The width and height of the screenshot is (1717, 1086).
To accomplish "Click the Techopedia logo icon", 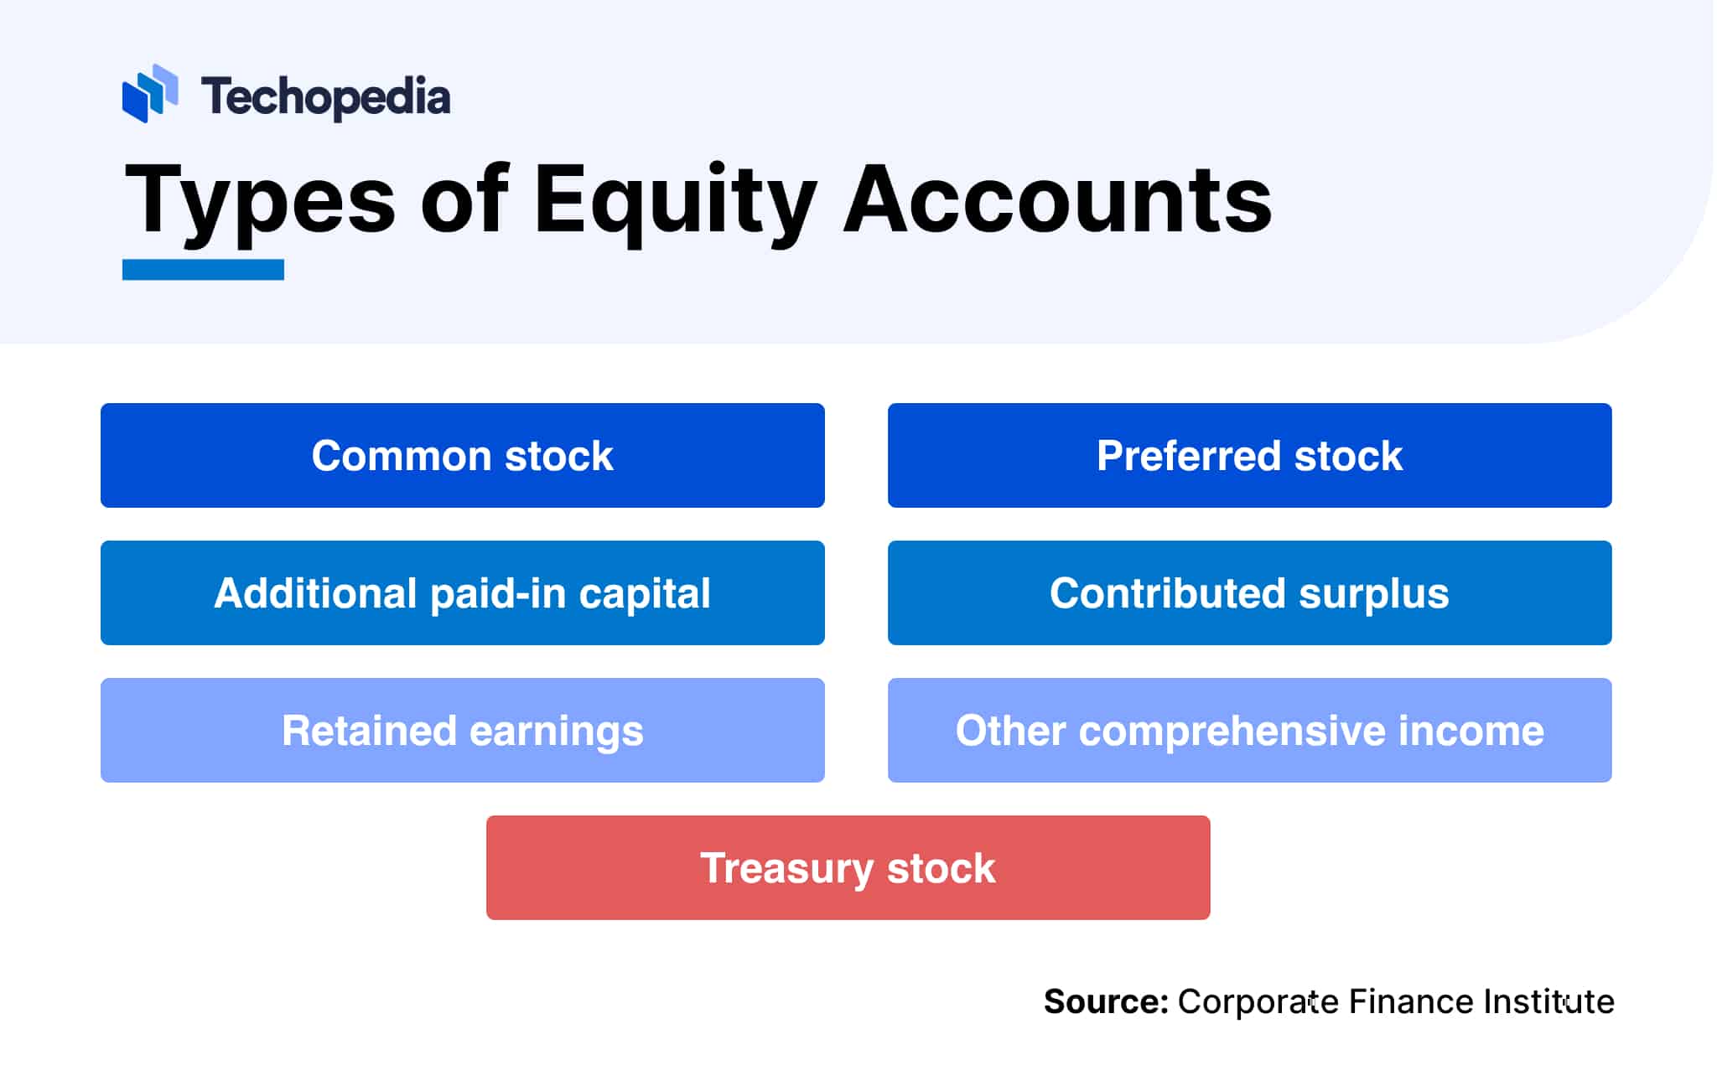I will (x=149, y=94).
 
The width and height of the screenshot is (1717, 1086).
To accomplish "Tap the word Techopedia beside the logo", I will (x=325, y=97).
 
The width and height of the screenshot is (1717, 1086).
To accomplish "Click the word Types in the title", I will (x=259, y=201).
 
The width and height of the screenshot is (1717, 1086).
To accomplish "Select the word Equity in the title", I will (x=674, y=201).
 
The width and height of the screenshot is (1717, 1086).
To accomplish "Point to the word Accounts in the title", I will (x=1057, y=201).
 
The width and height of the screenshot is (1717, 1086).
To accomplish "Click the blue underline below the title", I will (x=203, y=270).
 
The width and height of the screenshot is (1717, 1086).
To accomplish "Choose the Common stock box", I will (x=462, y=455).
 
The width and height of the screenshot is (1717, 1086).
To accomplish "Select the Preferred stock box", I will (x=1249, y=455).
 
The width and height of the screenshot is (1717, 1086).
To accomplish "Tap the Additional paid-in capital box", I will (x=462, y=592).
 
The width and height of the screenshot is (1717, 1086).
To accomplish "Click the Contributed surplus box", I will (x=1249, y=592).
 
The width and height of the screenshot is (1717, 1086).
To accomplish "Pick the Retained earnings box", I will (x=462, y=730).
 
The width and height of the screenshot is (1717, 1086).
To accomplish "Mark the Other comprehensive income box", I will (x=1249, y=730).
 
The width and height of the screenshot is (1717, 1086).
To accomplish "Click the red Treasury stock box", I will (x=848, y=867).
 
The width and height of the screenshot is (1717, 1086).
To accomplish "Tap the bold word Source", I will (x=1105, y=1001).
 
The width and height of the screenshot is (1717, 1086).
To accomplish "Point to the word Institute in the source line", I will (x=1548, y=1001).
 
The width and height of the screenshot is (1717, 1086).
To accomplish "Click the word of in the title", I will (x=464, y=201).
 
